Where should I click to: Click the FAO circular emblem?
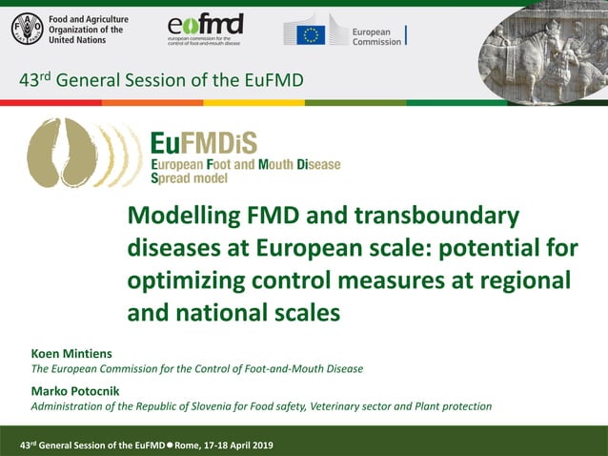tap(27, 31)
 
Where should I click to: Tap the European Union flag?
tap(311, 34)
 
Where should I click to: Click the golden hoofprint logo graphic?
tap(71, 154)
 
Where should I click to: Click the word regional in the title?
tap(519, 281)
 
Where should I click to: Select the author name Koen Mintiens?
tap(71, 354)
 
